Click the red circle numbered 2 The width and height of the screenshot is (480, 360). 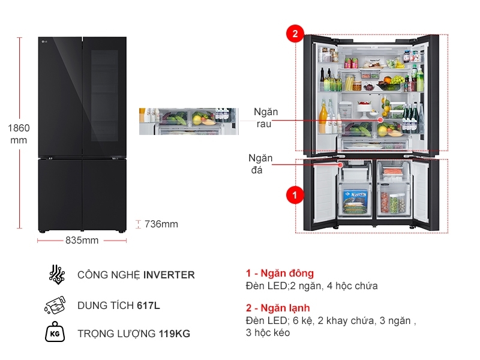coord(294,34)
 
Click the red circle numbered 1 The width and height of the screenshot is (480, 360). coord(294,195)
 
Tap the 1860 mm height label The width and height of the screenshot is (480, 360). coord(19,134)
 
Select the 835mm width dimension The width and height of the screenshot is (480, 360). coord(82,241)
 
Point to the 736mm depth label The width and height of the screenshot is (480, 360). coord(161,224)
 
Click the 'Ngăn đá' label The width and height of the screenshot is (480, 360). coord(260,164)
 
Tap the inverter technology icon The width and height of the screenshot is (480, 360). coord(57,274)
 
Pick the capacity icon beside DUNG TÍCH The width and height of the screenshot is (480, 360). coord(56,305)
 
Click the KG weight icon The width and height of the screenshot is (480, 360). coord(56,333)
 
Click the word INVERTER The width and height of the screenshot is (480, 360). coord(169,275)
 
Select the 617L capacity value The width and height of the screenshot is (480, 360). coord(148,305)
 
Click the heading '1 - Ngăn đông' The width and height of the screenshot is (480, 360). coord(280,274)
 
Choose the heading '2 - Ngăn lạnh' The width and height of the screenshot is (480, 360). coord(278,308)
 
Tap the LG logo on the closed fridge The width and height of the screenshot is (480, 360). coord(44,41)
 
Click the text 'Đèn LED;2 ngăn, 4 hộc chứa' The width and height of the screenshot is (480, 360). coord(311,286)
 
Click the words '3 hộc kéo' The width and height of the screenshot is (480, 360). coord(268,332)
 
